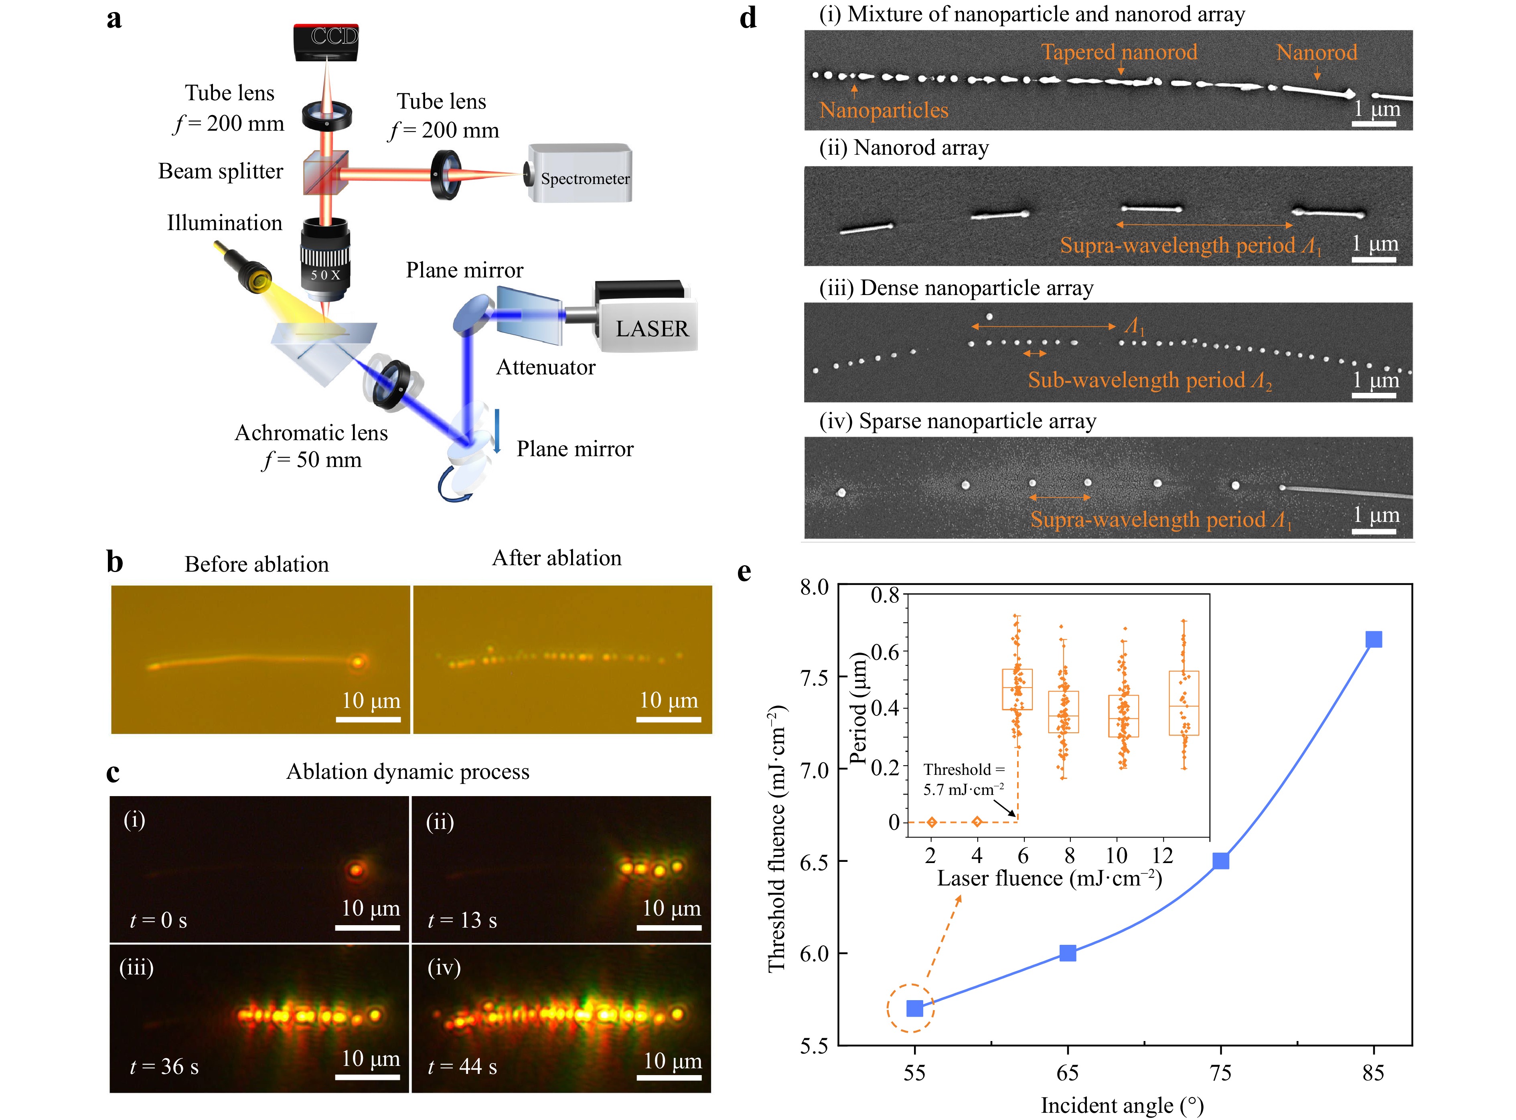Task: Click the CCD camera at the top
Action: coord(326,40)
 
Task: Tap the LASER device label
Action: coord(651,329)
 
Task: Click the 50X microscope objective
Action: coord(326,261)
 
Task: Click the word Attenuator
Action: coord(545,368)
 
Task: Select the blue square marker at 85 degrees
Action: coord(1373,639)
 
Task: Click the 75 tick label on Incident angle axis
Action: coord(1220,1073)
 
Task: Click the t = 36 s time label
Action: coord(164,1066)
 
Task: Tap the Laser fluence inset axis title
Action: coord(1049,879)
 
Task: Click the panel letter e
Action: coord(744,572)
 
